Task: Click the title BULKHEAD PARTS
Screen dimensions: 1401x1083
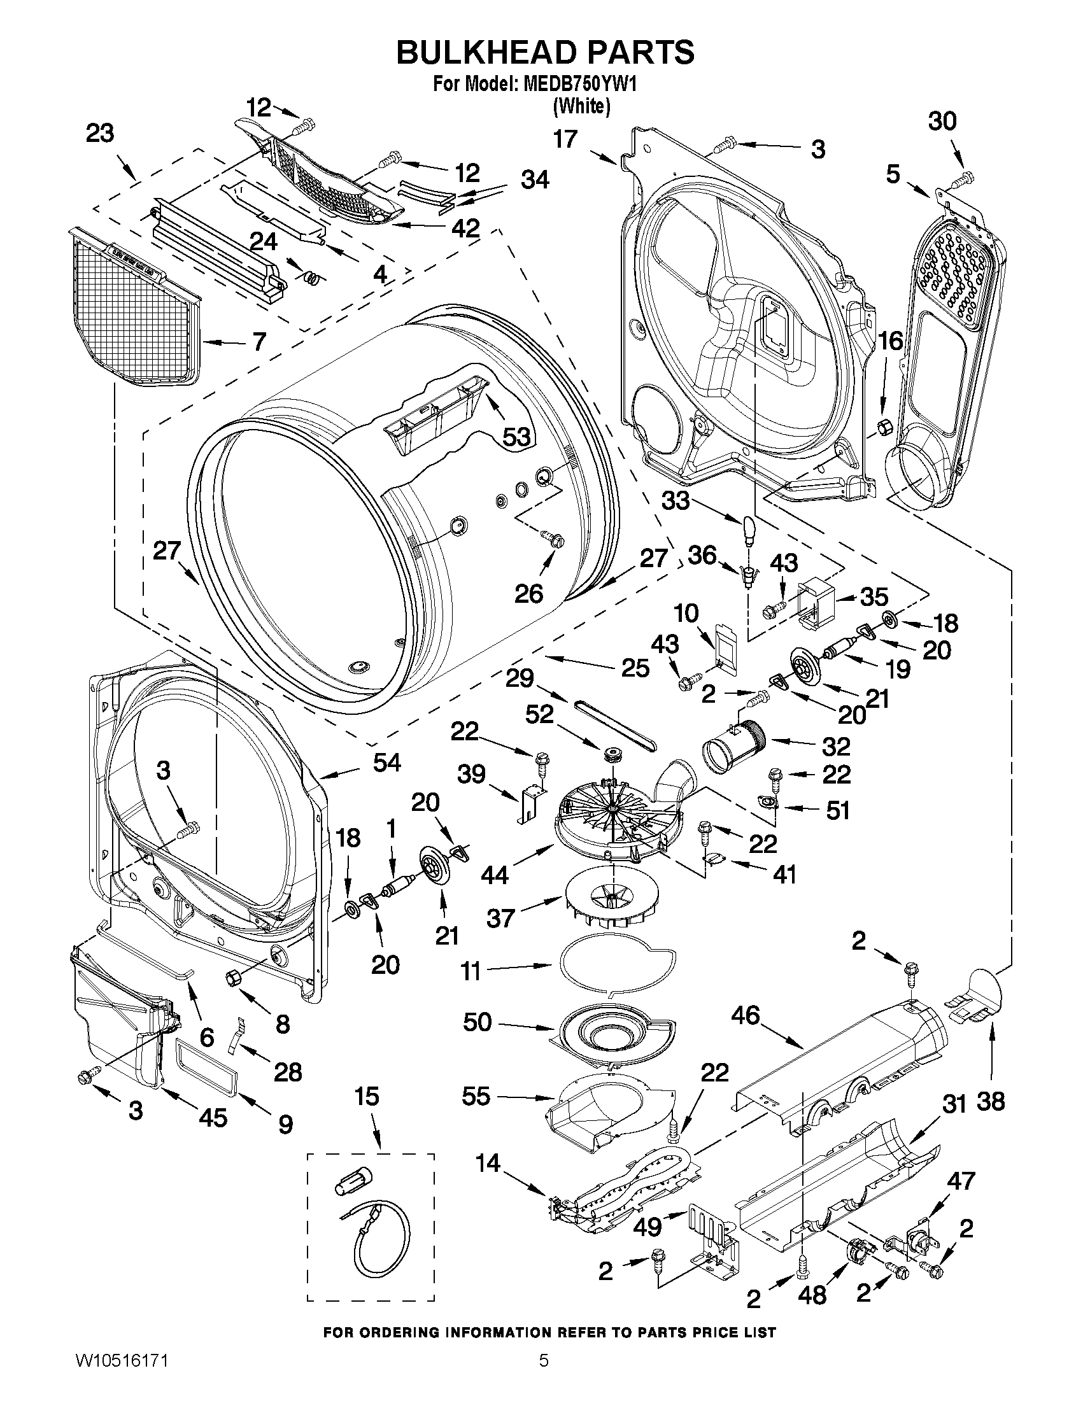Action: click(x=545, y=52)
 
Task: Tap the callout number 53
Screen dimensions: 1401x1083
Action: click(x=516, y=437)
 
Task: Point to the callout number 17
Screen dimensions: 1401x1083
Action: click(x=565, y=139)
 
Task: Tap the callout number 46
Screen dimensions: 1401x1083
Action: click(x=745, y=1015)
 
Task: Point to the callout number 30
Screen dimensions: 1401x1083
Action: click(x=942, y=120)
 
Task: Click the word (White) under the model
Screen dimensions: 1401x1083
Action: click(x=581, y=106)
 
